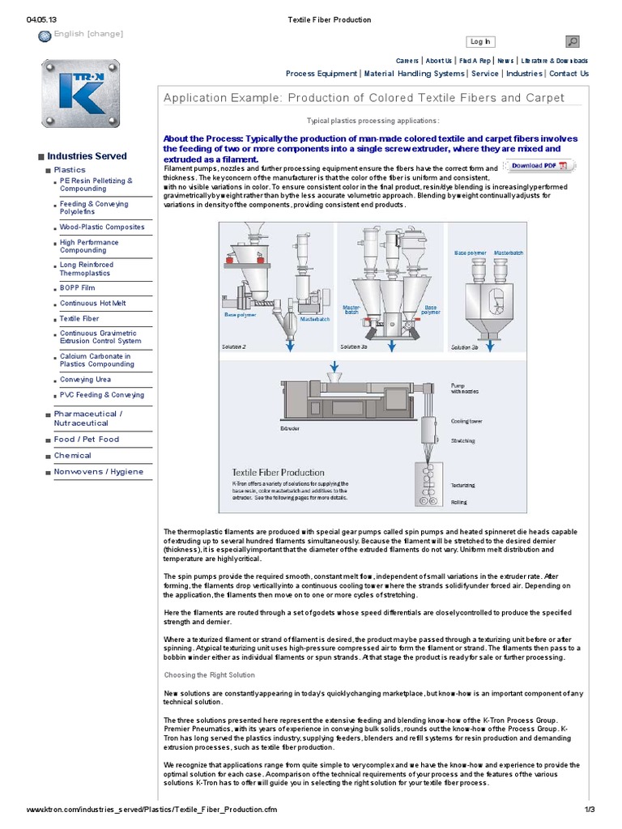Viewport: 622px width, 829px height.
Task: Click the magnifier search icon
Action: coord(572,41)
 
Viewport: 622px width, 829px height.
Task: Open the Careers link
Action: coord(407,61)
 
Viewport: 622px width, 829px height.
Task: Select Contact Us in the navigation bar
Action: coord(569,74)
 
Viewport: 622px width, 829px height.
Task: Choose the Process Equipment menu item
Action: coord(321,74)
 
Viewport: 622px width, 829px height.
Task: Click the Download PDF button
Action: coord(539,166)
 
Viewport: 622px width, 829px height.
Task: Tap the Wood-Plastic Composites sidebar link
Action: coord(102,227)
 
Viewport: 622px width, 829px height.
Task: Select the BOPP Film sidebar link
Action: coord(77,287)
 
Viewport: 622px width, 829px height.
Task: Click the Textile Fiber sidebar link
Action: coord(79,319)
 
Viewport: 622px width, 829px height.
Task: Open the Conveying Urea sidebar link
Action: coord(85,379)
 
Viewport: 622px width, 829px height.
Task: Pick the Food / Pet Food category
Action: coord(86,440)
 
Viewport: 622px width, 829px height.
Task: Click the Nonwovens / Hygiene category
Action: coord(98,471)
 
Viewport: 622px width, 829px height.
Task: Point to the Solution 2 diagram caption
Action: coord(233,346)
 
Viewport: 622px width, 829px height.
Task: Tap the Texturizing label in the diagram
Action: coord(462,485)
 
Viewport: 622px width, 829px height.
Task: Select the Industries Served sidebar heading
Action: coord(86,155)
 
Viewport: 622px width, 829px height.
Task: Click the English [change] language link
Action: coord(87,33)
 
